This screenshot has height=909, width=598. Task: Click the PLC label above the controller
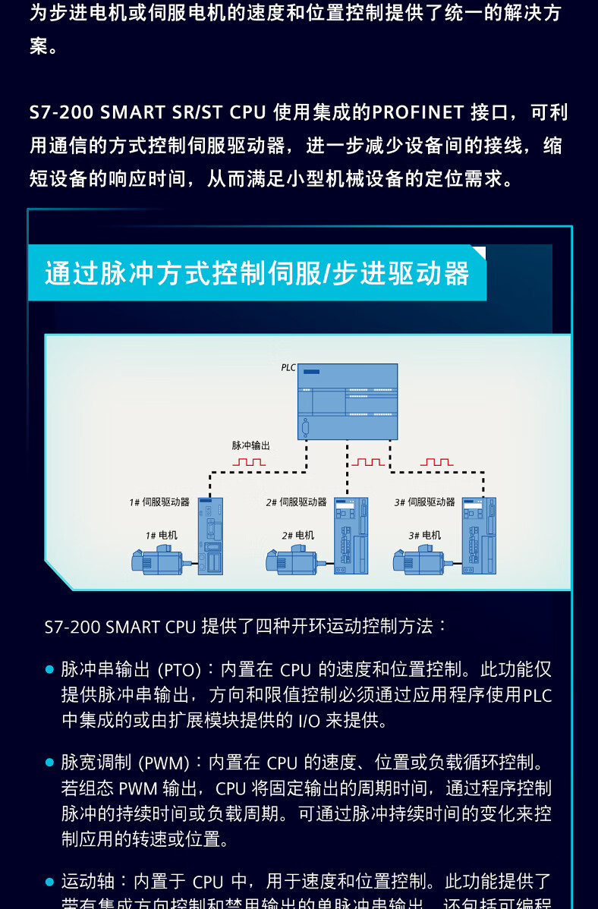(288, 367)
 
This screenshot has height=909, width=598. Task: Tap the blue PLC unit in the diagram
(348, 402)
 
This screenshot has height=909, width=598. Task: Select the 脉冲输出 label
(250, 445)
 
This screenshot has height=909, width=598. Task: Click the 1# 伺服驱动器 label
(159, 502)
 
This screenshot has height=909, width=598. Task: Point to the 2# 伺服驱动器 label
(296, 502)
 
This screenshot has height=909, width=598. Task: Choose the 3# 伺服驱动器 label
(425, 502)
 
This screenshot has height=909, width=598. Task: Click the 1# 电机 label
(162, 535)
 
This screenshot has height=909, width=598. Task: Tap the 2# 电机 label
(297, 535)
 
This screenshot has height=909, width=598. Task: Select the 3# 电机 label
(425, 535)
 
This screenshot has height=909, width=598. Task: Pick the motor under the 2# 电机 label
(292, 560)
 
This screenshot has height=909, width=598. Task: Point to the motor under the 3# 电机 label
(419, 560)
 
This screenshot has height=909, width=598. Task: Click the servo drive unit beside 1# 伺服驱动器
(210, 536)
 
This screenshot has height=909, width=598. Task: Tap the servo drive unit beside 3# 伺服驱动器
(479, 536)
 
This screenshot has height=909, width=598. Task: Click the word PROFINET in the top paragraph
(418, 112)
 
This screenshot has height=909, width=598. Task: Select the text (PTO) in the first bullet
(180, 670)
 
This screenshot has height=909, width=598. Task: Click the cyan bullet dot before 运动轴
(50, 882)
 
